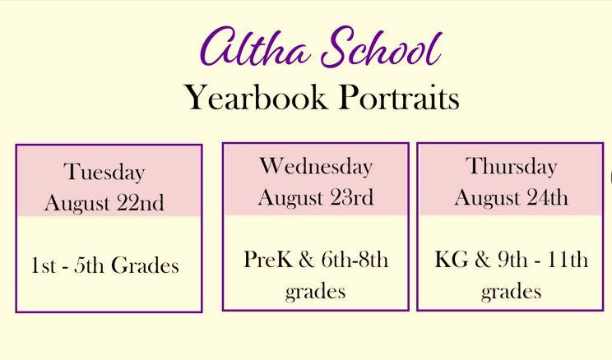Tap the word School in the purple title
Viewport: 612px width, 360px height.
click(x=382, y=47)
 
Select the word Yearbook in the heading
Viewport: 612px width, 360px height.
click(x=256, y=99)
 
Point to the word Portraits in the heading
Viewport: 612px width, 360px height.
click(x=399, y=98)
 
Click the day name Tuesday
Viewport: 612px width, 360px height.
click(x=104, y=173)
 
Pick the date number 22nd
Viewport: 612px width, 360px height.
click(x=141, y=203)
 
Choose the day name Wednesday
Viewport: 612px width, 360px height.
click(x=316, y=167)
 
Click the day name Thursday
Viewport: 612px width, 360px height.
click(x=512, y=167)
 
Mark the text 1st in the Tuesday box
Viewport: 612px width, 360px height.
click(x=43, y=265)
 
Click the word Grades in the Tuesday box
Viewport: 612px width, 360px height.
click(x=146, y=265)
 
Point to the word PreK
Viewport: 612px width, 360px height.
click(x=268, y=259)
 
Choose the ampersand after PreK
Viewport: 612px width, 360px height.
click(x=306, y=260)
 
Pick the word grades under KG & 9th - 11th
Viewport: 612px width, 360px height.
click(x=512, y=292)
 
